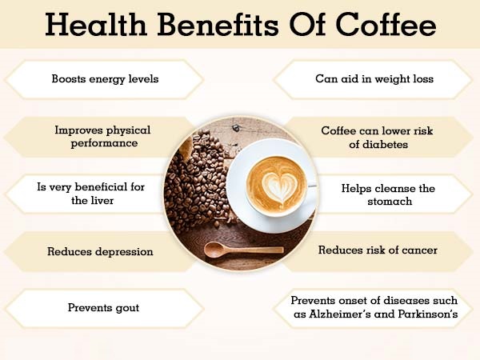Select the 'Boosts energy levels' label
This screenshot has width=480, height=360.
(x=104, y=79)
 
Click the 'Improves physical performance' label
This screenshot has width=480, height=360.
(x=102, y=136)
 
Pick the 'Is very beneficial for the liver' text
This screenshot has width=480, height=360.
(x=91, y=194)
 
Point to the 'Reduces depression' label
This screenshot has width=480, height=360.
(x=99, y=251)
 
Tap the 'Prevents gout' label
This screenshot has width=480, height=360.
(x=103, y=307)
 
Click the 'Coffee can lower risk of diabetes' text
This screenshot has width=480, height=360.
(x=375, y=138)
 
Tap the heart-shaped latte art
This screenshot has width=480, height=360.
(x=275, y=183)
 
